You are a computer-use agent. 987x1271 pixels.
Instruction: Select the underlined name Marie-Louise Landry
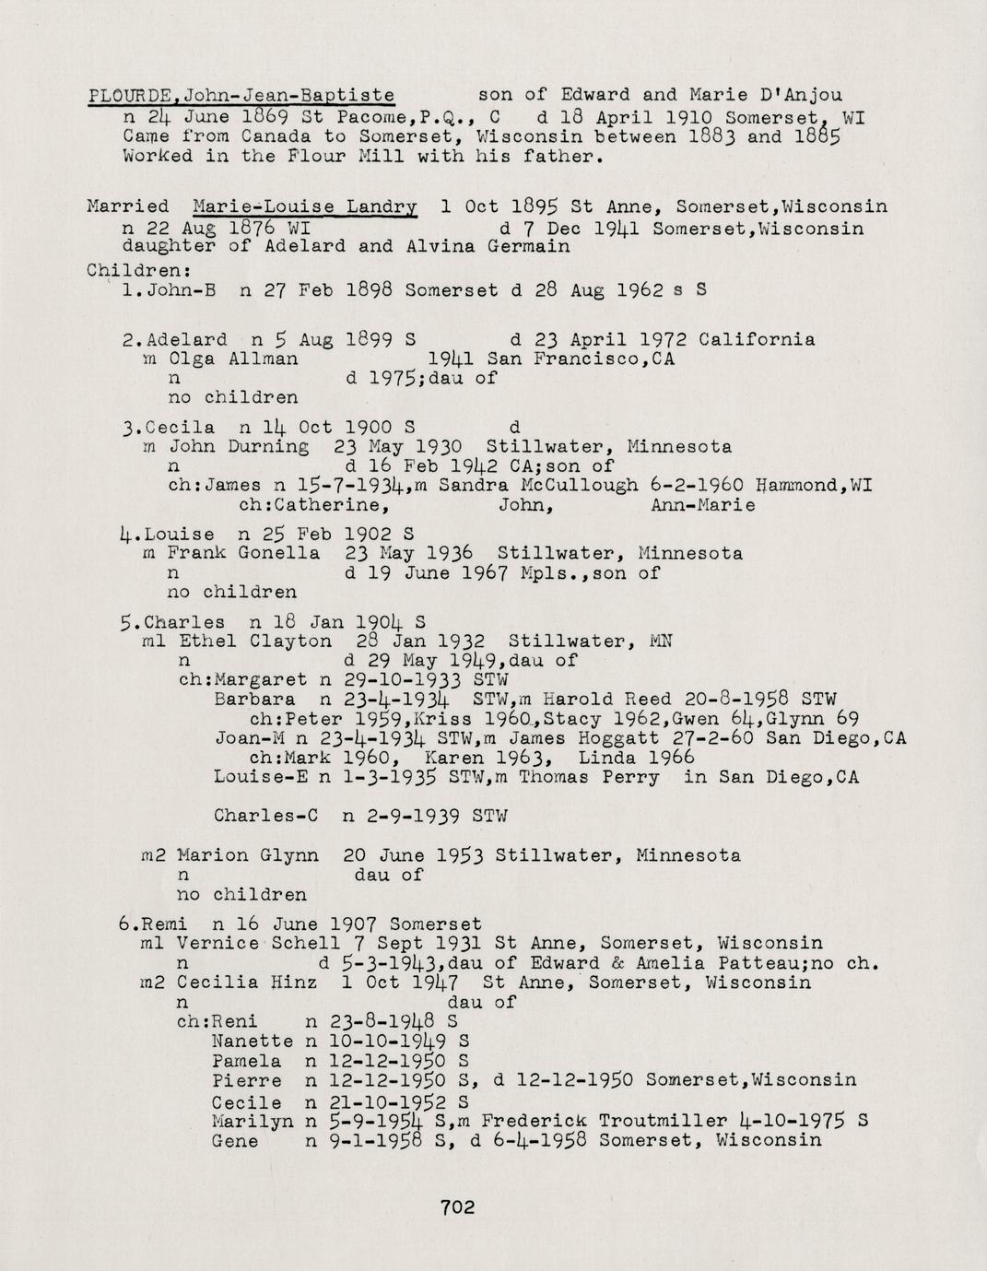[x=305, y=206]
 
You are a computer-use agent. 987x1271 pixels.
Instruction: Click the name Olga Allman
[x=232, y=359]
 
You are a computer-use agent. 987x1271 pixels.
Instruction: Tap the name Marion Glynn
[x=247, y=855]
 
